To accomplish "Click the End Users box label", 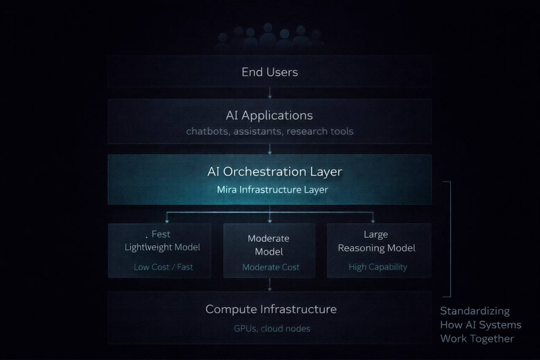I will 269,72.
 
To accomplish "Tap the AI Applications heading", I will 269,115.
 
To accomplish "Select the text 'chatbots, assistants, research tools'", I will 269,131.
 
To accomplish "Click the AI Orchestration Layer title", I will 274,172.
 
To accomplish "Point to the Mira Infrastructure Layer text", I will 272,190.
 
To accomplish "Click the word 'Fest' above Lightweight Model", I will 160,234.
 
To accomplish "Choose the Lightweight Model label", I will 162,247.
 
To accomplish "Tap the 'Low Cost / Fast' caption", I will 163,267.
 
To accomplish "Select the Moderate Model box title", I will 269,245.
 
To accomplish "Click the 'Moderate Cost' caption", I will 271,267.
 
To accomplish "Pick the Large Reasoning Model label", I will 376,241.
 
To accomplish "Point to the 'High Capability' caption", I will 378,267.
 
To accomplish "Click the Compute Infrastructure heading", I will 271,309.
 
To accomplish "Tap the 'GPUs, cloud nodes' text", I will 272,328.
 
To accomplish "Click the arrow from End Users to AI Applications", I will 270,93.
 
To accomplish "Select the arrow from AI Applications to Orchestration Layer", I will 270,149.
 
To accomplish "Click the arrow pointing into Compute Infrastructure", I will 270,285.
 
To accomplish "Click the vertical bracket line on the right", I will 450,239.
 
